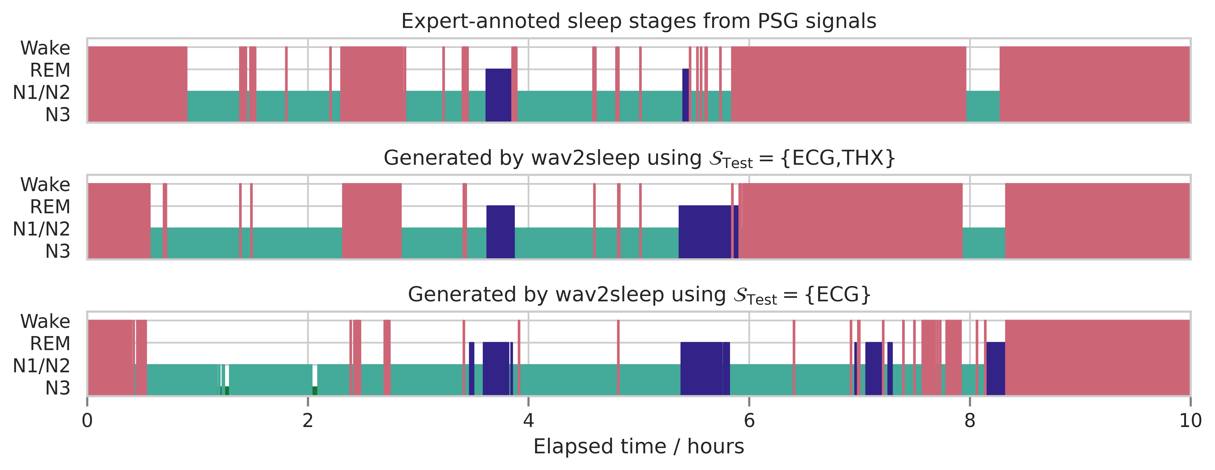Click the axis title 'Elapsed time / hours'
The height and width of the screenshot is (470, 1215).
(x=639, y=446)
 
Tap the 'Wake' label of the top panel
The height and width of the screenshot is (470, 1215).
(x=45, y=48)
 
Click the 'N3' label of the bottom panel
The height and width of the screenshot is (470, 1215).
(x=58, y=388)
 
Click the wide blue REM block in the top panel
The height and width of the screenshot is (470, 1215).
(x=498, y=94)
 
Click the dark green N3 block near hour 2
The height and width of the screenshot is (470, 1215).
(x=315, y=390)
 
